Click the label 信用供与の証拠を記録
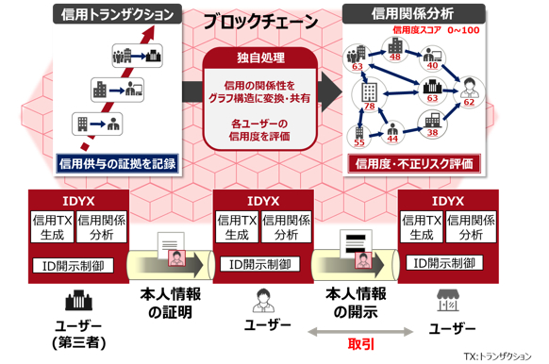coord(118,162)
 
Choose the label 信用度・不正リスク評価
coord(414,163)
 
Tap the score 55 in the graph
coord(359,142)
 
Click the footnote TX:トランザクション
coord(499,356)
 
